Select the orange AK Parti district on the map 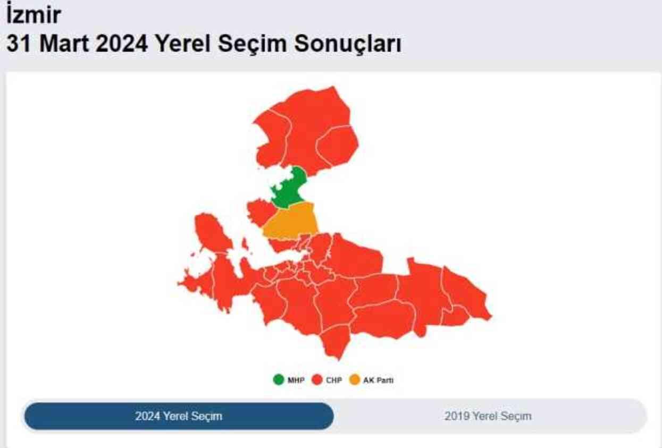point(291,223)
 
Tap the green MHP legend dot point(279,380)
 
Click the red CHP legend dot point(317,380)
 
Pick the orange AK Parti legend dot point(355,380)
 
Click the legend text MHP point(296,381)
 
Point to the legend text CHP point(334,381)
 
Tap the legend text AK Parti point(379,381)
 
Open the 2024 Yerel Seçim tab point(179,416)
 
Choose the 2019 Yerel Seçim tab point(488,416)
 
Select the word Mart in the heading point(64,44)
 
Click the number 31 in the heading point(19,44)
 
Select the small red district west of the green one point(259,210)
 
